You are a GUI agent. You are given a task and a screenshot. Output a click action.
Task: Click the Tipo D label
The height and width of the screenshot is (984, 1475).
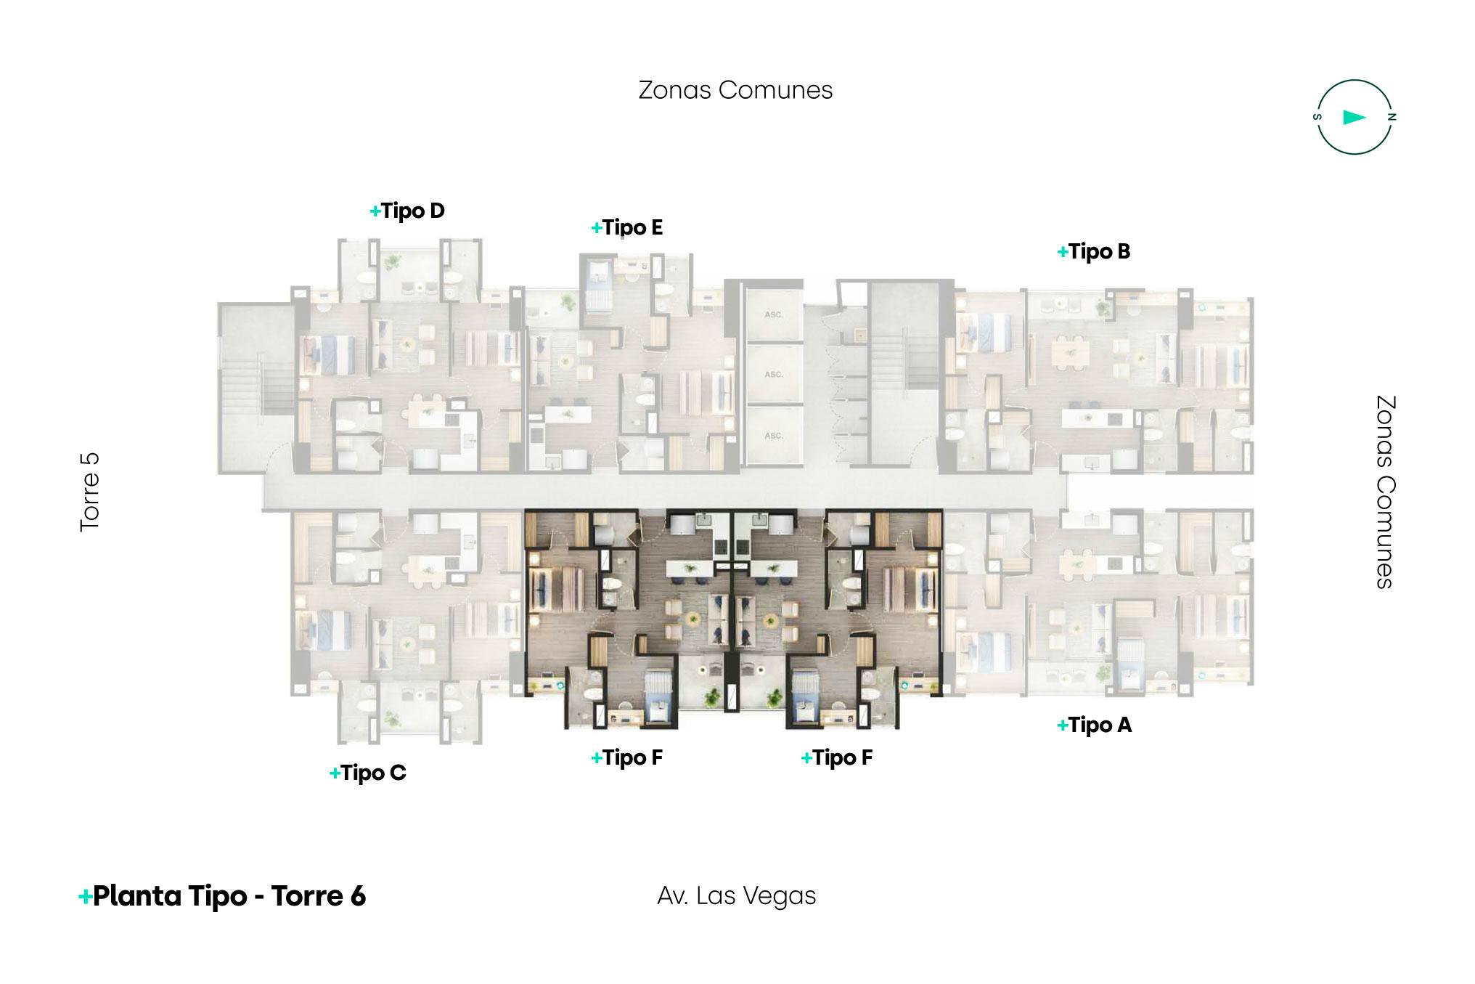407,211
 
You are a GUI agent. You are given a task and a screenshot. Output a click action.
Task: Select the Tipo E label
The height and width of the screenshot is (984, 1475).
627,228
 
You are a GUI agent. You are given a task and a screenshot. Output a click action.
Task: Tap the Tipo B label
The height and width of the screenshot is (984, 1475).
1094,252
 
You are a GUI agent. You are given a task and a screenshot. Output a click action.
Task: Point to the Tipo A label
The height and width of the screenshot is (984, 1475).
1095,725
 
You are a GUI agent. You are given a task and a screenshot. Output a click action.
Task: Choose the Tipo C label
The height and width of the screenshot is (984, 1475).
368,773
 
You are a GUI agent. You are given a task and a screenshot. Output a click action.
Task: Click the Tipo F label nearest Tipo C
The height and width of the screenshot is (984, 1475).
627,758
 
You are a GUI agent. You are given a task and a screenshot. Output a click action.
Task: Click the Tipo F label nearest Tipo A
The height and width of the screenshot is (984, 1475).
837,758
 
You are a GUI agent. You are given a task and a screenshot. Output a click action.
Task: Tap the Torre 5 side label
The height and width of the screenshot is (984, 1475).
89,492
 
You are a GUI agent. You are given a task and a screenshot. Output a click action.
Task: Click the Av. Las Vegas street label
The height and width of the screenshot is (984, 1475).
737,896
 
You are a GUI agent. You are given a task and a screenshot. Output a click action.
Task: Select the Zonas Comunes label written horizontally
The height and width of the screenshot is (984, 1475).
735,90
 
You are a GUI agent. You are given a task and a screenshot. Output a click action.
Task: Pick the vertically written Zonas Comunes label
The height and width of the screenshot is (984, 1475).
1386,492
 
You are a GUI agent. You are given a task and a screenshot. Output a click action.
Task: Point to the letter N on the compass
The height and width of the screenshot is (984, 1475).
1392,117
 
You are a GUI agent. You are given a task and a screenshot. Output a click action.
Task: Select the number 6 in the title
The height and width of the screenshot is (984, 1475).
358,896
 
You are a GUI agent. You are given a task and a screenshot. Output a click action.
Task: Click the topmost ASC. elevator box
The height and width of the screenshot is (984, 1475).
774,315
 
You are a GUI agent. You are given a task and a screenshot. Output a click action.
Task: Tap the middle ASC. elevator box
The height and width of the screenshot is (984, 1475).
774,375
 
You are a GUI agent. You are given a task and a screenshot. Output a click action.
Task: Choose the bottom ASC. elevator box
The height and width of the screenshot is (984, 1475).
774,435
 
